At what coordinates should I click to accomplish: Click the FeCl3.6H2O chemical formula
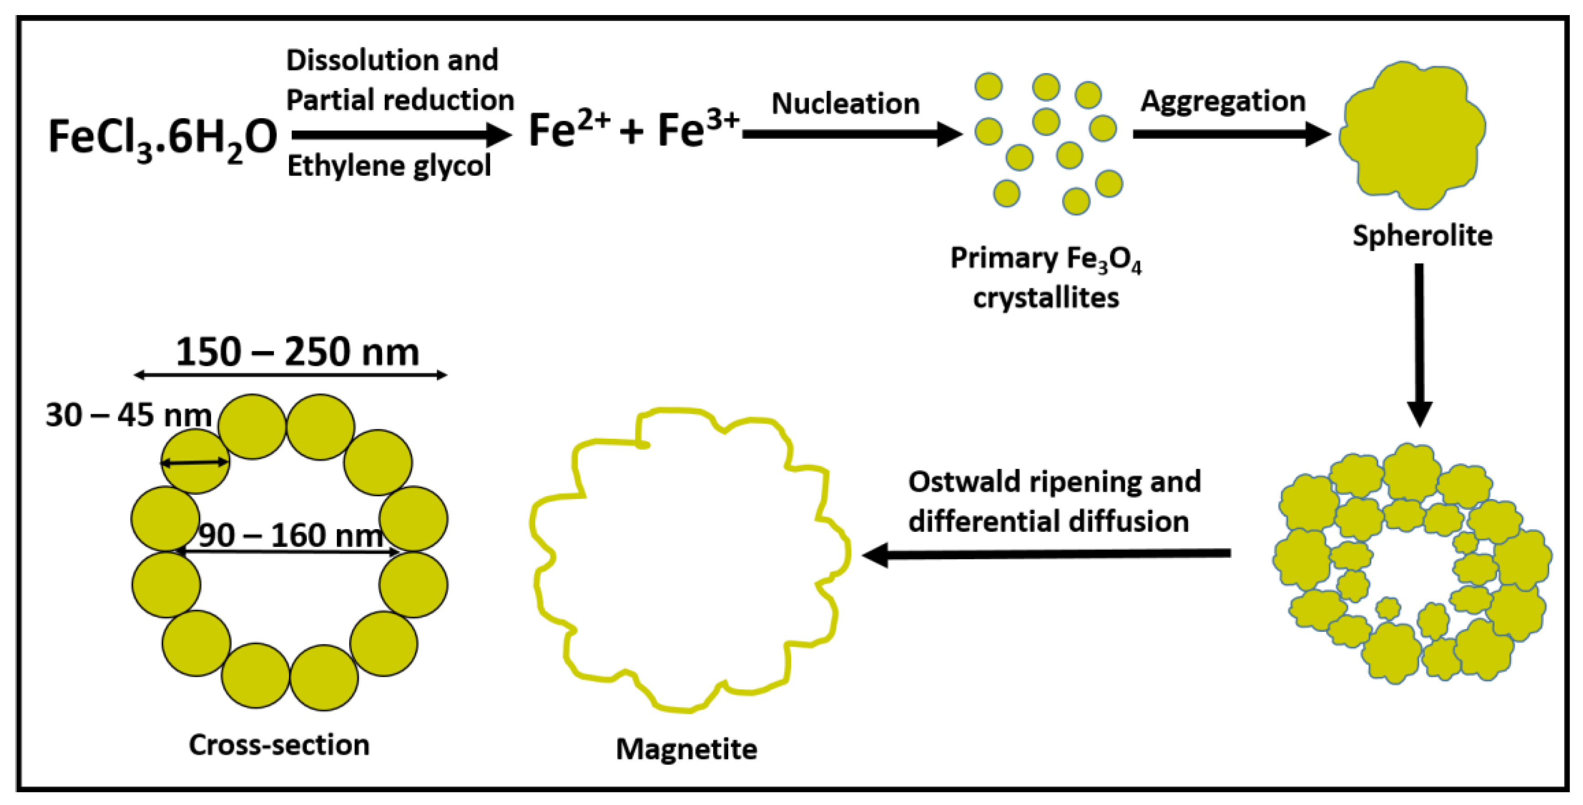tap(162, 138)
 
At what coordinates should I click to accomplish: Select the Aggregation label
tap(1223, 101)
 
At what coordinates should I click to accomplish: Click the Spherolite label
tap(1422, 236)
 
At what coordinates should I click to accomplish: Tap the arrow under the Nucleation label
tap(852, 133)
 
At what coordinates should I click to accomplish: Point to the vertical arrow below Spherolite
tap(1419, 344)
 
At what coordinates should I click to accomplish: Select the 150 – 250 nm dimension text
tap(297, 353)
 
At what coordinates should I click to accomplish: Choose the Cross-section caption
tap(279, 745)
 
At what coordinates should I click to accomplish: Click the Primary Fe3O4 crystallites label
tap(1046, 278)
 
